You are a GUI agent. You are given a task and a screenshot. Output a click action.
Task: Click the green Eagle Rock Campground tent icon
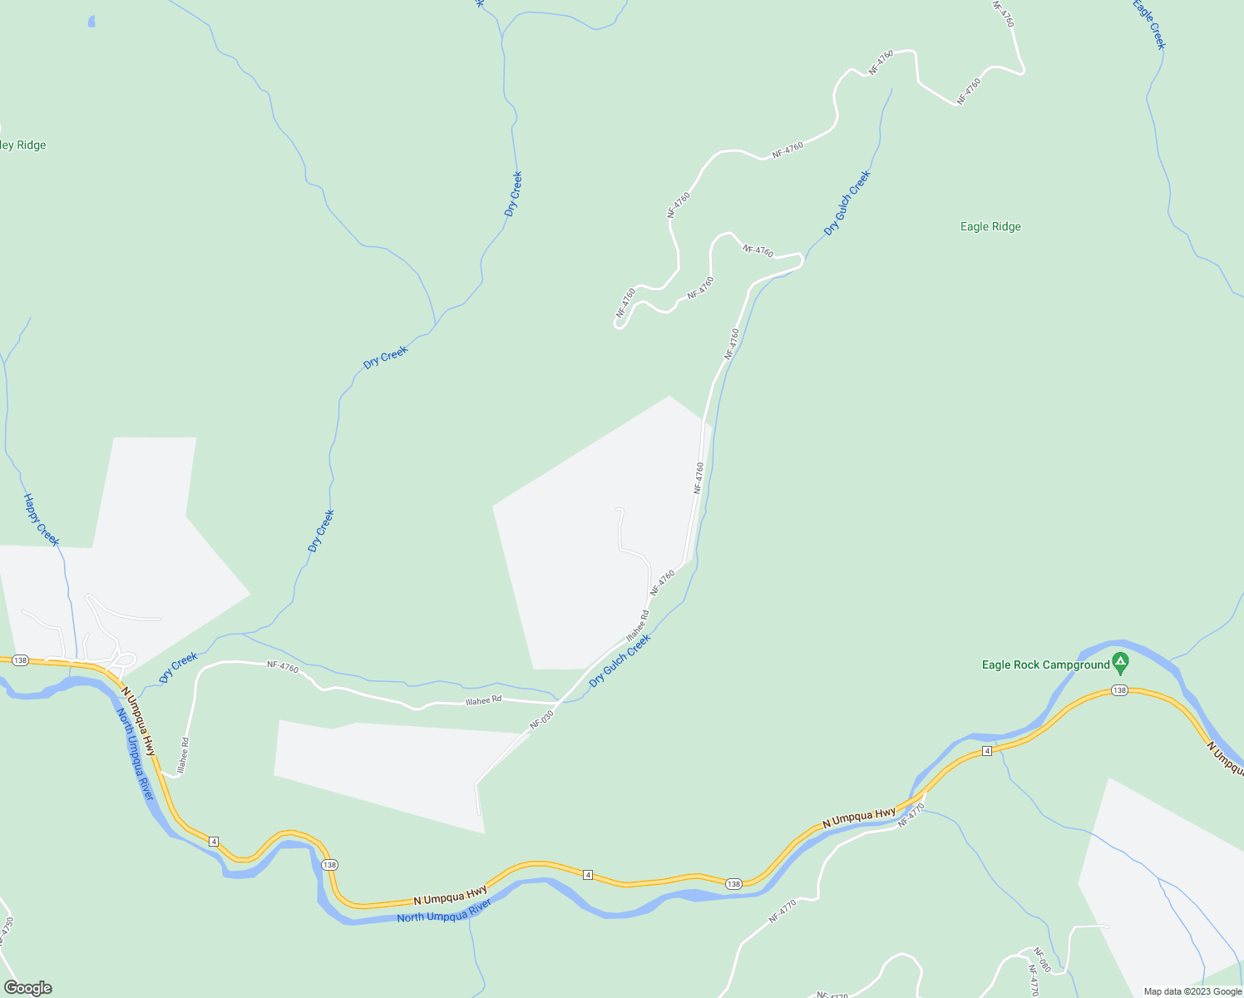[x=1121, y=664]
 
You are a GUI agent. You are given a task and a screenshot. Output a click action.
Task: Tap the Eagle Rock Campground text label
[x=1045, y=665]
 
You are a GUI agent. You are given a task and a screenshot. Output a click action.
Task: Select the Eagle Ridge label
[x=990, y=226]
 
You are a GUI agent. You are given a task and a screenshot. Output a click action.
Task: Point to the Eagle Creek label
[x=1149, y=24]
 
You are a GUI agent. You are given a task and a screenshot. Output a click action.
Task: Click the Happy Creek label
[x=41, y=520]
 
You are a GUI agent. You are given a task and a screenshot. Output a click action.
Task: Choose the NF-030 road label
[x=541, y=720]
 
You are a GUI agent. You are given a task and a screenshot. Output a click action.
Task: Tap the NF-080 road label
[x=1041, y=960]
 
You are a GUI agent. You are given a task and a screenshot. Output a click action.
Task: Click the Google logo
[x=27, y=988]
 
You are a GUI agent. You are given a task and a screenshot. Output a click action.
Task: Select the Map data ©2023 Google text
[x=1192, y=991]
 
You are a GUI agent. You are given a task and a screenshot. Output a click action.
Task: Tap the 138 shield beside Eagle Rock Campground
[x=1119, y=690]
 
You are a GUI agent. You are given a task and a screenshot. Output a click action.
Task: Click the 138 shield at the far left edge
[x=21, y=660]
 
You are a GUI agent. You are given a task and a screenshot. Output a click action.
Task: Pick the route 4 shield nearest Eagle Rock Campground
[x=986, y=751]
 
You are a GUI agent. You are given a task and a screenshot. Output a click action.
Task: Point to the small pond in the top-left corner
[x=91, y=22]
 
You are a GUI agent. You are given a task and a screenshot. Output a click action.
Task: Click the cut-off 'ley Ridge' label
[x=22, y=145]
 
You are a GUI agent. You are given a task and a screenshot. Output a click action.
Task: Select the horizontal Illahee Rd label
[x=483, y=700]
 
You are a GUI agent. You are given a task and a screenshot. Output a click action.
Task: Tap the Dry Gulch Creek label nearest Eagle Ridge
[x=847, y=202]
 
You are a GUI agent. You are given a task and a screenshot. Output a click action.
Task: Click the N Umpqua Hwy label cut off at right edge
[x=1226, y=758]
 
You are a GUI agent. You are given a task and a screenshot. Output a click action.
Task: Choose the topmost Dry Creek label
[x=513, y=194]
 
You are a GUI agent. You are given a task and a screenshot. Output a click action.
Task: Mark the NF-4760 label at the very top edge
[x=1005, y=13]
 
